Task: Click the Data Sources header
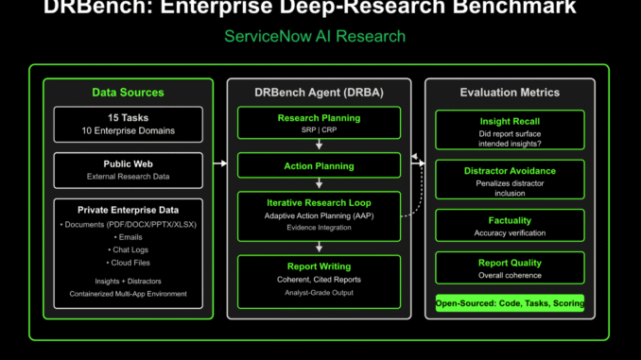coord(128,93)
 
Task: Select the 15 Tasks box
coord(128,123)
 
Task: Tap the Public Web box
coord(128,170)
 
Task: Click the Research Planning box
coord(319,123)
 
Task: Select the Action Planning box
coord(319,166)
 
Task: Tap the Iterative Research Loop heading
coord(319,201)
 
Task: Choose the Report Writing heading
coord(319,266)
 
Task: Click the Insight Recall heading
coord(509,122)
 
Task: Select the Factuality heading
coord(509,220)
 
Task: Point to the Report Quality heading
coord(509,264)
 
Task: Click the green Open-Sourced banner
coord(509,303)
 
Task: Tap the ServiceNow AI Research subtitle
coord(315,37)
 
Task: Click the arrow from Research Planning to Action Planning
coord(319,146)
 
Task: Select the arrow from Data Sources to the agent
coord(219,163)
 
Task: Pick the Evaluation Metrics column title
coord(509,93)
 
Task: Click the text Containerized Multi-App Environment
coord(128,295)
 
